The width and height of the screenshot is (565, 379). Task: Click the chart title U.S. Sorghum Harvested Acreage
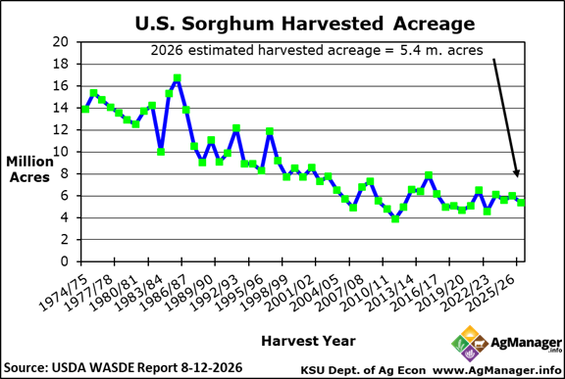[x=305, y=24]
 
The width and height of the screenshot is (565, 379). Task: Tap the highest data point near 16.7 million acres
[x=177, y=78]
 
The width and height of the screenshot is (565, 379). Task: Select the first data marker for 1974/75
[x=85, y=109]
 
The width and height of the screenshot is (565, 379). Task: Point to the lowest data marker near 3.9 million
[x=395, y=218]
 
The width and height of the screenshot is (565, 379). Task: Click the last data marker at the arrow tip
[x=521, y=203]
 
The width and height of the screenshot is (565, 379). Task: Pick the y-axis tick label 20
[x=60, y=42]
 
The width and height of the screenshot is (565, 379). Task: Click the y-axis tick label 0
[x=64, y=261]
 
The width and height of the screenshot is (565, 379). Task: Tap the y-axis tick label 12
[x=60, y=130]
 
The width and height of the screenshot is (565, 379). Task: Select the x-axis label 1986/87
[x=163, y=293]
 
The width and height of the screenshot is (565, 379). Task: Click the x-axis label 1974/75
[x=63, y=293]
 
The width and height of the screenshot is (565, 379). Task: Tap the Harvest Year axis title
[x=308, y=341]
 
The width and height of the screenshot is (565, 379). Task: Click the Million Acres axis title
[x=29, y=169]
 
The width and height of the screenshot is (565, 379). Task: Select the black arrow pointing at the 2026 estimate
[x=505, y=118]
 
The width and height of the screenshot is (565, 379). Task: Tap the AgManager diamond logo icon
[x=470, y=344]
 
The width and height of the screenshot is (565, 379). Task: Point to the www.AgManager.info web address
[x=497, y=370]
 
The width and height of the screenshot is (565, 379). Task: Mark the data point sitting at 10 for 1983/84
[x=161, y=152]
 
